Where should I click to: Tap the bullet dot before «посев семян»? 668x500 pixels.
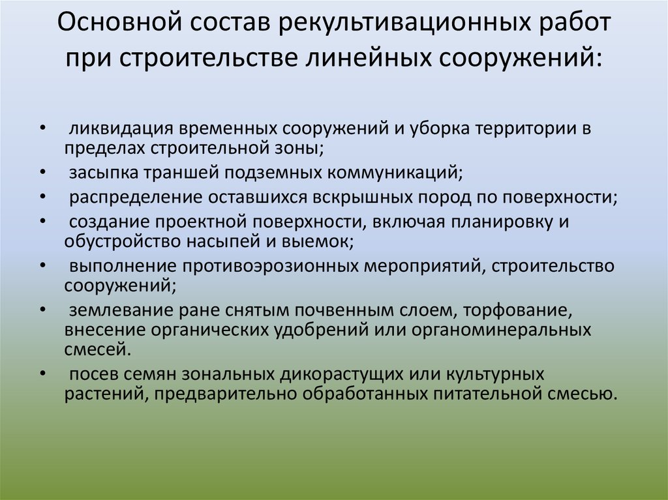[42, 375]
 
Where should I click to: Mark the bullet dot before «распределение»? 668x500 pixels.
[42, 196]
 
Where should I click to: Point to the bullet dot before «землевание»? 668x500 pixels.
[42, 310]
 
